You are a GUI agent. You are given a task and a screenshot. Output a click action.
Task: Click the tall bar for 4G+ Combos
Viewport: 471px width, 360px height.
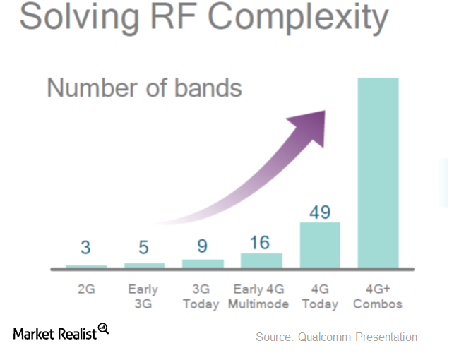pyautogui.click(x=378, y=173)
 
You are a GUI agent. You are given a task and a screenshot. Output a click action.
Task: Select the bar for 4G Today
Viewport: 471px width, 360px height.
pyautogui.click(x=320, y=245)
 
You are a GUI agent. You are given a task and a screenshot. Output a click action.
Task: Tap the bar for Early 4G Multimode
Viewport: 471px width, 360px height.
pyautogui.click(x=261, y=260)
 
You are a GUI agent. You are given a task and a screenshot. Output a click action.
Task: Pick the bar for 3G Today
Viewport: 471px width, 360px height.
pyautogui.click(x=203, y=263)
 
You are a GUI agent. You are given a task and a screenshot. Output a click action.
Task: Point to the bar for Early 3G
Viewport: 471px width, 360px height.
pyautogui.click(x=145, y=265)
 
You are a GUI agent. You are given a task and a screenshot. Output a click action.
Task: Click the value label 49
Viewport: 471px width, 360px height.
pyautogui.click(x=320, y=212)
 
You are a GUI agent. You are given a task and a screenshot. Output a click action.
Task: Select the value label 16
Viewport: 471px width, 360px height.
pyautogui.click(x=260, y=243)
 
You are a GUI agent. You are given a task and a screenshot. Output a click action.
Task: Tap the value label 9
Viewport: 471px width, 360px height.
pyautogui.click(x=203, y=246)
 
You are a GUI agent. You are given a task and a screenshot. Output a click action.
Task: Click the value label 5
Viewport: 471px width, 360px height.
pyautogui.click(x=143, y=247)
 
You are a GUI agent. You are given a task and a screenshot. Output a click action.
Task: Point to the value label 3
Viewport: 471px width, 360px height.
pyautogui.click(x=85, y=247)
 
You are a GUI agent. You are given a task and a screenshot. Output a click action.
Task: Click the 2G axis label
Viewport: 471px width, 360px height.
pyautogui.click(x=86, y=289)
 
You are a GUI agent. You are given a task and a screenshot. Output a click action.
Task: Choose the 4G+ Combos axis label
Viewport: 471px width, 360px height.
pyautogui.click(x=378, y=296)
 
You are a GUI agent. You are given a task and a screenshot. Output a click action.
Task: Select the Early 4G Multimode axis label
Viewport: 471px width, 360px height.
pyautogui.click(x=258, y=296)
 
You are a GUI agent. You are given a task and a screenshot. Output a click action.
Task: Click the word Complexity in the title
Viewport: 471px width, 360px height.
pyautogui.click(x=298, y=18)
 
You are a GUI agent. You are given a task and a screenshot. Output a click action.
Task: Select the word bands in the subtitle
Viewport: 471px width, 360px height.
pyautogui.click(x=208, y=88)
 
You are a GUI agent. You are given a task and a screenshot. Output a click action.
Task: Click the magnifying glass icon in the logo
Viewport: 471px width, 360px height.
pyautogui.click(x=103, y=328)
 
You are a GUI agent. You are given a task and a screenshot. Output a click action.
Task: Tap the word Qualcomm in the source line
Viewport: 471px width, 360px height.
pyautogui.click(x=324, y=337)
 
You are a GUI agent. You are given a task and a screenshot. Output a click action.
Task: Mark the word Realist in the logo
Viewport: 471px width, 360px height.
pyautogui.click(x=77, y=334)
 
